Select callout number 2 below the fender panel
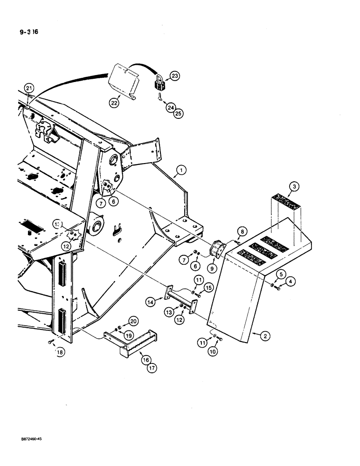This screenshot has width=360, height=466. (x=254, y=335)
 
